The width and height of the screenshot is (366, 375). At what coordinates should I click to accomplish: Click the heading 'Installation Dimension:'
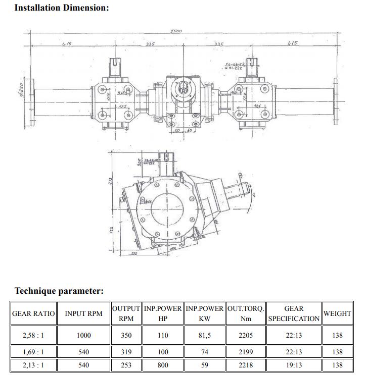(61, 9)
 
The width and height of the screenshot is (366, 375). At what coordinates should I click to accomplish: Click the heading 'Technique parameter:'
(59, 291)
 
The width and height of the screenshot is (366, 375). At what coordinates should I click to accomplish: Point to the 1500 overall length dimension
(176, 31)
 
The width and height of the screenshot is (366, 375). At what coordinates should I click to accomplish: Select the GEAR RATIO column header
(33, 313)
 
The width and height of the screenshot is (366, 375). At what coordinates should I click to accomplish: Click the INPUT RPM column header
(83, 313)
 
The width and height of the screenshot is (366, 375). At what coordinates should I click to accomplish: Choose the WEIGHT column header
(337, 313)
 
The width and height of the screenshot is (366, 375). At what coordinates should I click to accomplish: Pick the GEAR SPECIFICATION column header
(294, 313)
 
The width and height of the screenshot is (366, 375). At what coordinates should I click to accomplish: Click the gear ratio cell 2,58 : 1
(33, 335)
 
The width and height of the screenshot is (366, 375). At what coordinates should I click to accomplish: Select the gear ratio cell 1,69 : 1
(33, 352)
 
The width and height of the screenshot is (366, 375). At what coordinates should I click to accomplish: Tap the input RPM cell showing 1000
(83, 335)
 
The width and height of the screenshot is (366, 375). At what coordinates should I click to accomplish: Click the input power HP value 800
(163, 365)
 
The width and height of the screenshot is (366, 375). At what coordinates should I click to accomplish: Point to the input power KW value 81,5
(205, 335)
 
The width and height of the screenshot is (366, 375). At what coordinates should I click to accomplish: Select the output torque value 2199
(246, 352)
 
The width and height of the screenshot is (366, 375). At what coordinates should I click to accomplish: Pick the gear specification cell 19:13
(294, 365)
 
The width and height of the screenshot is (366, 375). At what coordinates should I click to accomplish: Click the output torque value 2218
(246, 365)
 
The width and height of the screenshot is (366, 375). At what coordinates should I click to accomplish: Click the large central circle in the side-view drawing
(167, 207)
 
